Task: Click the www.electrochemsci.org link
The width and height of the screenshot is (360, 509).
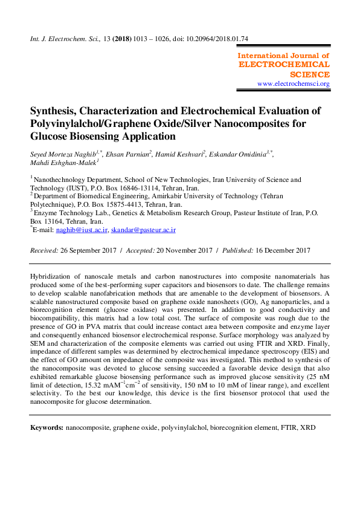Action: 293,84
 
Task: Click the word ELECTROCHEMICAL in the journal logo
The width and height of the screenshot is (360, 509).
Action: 284,64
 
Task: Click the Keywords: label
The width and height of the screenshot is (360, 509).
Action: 47,428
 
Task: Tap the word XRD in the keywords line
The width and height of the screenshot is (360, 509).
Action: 309,428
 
